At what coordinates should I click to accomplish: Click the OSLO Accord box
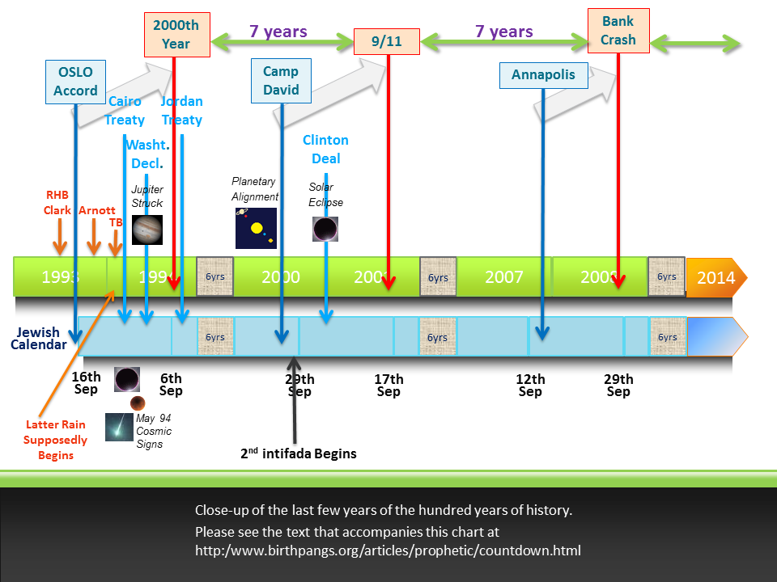click(x=75, y=81)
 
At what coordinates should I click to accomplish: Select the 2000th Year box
click(x=176, y=35)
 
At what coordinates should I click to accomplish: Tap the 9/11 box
click(x=387, y=41)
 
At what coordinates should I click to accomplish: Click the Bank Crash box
click(x=618, y=31)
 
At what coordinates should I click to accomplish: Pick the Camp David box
click(x=281, y=81)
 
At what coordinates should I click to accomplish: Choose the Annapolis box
click(x=543, y=75)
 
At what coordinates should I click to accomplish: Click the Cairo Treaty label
click(x=125, y=111)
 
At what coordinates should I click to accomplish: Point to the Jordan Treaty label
click(x=181, y=111)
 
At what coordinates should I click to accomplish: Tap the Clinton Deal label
click(x=325, y=150)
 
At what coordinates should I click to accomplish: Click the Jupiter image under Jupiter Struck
click(x=147, y=230)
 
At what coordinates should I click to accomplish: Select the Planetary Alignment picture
click(x=256, y=228)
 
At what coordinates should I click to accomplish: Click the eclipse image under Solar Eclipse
click(x=325, y=229)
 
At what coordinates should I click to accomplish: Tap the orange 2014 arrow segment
click(x=715, y=278)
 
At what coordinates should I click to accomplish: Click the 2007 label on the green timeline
click(x=503, y=277)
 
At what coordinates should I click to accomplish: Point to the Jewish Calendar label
click(x=39, y=339)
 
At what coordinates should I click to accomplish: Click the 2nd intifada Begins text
click(x=299, y=453)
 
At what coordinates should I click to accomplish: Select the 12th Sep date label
click(x=530, y=386)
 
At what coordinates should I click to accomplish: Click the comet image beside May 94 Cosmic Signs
click(x=119, y=427)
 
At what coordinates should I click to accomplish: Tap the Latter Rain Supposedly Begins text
click(x=55, y=440)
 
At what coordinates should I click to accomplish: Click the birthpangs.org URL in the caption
click(x=388, y=551)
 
